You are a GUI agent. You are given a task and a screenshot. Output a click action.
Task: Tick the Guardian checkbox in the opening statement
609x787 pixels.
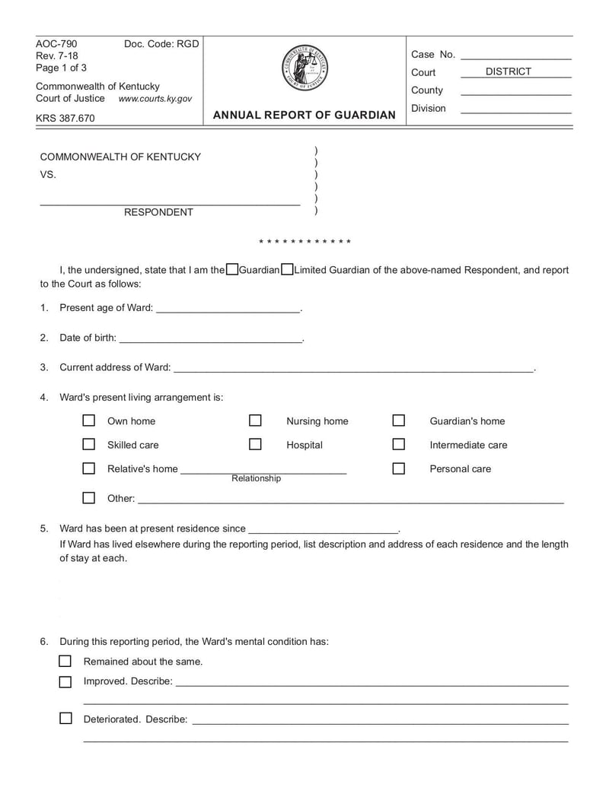[232, 269]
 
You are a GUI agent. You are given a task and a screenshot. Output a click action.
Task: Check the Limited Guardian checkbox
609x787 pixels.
[287, 269]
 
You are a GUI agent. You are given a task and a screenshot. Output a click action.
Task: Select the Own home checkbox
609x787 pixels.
[89, 420]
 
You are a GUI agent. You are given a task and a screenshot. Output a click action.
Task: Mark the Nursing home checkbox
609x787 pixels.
[255, 420]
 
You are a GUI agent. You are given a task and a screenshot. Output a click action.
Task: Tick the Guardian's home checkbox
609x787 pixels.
[398, 420]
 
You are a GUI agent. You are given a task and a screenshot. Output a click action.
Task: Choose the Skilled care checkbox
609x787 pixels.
[89, 444]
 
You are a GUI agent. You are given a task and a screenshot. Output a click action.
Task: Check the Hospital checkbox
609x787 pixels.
[255, 444]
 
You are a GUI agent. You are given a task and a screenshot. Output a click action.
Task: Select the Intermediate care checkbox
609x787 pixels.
[398, 444]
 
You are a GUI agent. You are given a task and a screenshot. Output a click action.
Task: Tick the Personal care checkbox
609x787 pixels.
[398, 468]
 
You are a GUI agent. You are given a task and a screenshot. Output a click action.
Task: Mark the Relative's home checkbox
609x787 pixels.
[89, 468]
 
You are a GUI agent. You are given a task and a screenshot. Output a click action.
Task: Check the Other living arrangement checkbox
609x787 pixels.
[89, 498]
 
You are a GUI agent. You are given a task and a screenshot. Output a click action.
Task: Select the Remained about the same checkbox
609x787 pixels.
[65, 661]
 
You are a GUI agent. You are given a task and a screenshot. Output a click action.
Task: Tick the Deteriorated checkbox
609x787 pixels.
[65, 718]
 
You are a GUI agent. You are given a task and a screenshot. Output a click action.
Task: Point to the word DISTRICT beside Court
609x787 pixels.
[509, 71]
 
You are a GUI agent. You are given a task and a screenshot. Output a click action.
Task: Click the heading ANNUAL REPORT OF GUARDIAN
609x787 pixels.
[304, 115]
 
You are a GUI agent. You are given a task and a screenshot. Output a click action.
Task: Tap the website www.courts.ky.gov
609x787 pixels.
[155, 99]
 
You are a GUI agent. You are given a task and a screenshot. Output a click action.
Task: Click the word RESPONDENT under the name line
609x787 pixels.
[158, 212]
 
